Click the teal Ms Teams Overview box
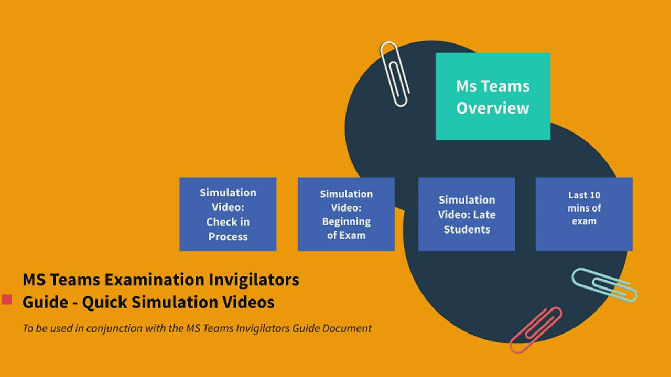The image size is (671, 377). (493, 96)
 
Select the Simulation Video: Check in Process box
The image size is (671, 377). (228, 214)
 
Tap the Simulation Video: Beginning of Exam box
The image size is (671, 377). (346, 214)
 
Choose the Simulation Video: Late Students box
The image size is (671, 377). (467, 214)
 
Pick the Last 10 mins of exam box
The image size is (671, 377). (584, 214)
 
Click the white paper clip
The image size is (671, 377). (394, 74)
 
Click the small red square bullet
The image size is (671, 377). (7, 300)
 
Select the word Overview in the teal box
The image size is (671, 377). (493, 108)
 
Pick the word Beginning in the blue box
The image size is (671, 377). (346, 221)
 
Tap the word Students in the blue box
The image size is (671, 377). (467, 229)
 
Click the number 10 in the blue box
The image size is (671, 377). (594, 195)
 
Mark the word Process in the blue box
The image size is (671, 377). (228, 237)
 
